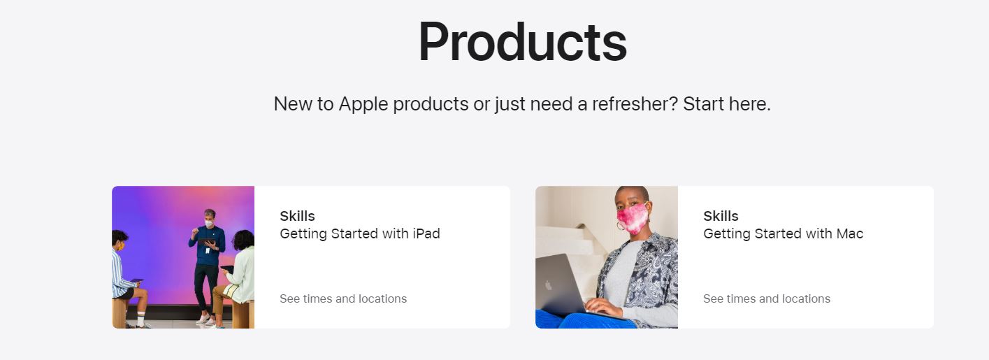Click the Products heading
click(x=522, y=42)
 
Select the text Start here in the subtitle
click(x=727, y=103)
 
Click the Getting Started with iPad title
click(x=360, y=233)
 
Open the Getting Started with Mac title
click(x=784, y=233)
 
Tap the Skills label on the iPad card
click(x=297, y=216)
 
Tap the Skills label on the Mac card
click(x=721, y=216)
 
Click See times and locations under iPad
click(x=343, y=298)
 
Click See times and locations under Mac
click(x=767, y=298)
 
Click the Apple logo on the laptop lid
click(x=549, y=286)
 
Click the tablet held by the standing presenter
click(x=207, y=242)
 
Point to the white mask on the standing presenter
click(x=209, y=224)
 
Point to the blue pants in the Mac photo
click(x=587, y=319)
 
